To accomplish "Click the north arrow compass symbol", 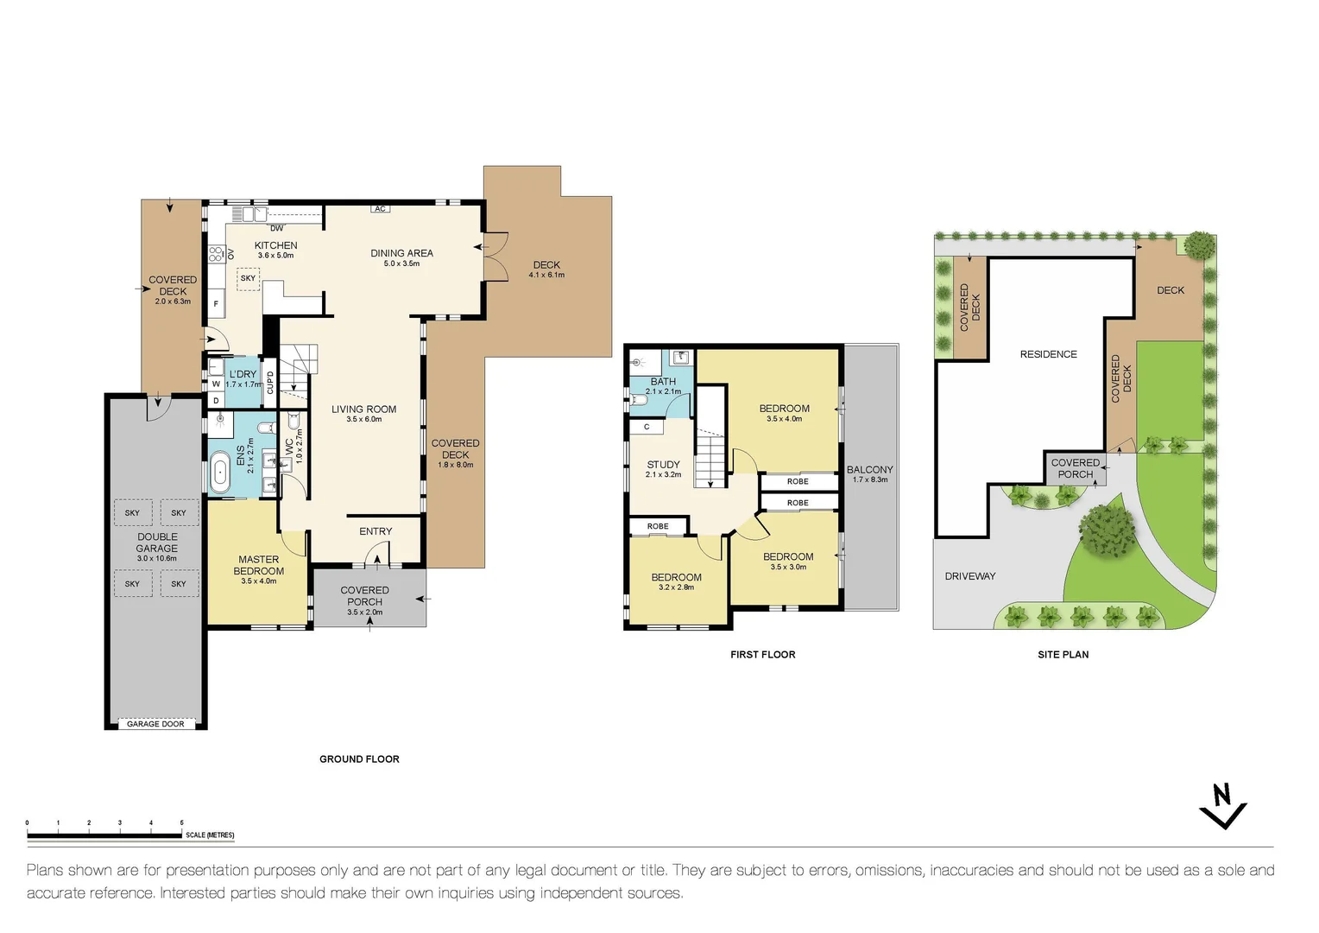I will click(1222, 807).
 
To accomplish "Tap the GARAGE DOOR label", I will click(155, 724).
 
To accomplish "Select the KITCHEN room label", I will click(275, 245).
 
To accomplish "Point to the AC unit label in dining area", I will click(380, 209).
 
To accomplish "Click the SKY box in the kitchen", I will click(248, 278).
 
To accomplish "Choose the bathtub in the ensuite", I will click(220, 473).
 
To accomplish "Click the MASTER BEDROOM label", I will click(258, 565).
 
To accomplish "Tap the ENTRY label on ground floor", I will click(376, 531).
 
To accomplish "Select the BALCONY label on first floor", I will click(869, 469).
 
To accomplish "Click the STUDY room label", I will click(663, 464).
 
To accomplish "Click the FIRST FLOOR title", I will click(762, 655).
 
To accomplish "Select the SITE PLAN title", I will click(1063, 655).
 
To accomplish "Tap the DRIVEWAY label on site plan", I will click(969, 576).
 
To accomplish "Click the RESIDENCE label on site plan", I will click(1048, 354).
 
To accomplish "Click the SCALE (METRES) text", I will click(210, 835).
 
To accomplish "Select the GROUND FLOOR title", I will click(359, 759).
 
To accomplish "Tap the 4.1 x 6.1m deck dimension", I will click(546, 276).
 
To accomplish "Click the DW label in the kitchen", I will click(276, 229).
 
